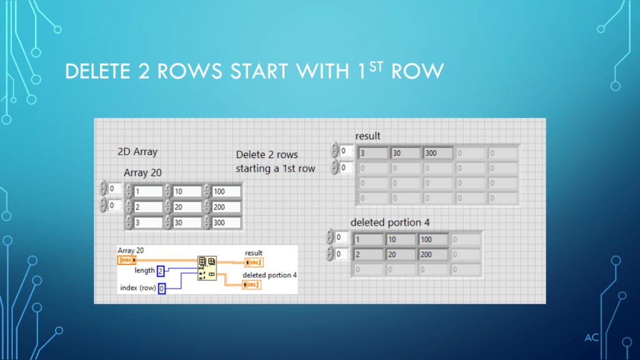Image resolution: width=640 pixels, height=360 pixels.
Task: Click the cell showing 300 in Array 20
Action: (226, 222)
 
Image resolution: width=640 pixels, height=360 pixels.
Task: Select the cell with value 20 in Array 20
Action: (187, 207)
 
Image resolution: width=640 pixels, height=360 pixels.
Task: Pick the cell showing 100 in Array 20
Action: (226, 191)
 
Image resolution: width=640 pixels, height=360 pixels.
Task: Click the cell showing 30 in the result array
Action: (406, 152)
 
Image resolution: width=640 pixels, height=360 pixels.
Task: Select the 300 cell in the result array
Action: (438, 152)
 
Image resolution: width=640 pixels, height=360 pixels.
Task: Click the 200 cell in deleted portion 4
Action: (433, 254)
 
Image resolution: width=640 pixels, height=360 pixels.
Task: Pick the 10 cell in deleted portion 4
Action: (401, 239)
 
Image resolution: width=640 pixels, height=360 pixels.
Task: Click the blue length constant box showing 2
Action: (161, 271)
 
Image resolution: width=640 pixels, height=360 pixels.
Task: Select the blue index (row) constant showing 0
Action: (162, 288)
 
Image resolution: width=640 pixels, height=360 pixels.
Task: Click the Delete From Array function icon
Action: (207, 267)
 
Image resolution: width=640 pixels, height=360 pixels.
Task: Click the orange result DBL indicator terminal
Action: (253, 262)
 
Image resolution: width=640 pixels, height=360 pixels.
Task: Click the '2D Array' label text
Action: (137, 151)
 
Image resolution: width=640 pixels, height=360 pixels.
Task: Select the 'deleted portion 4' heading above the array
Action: (390, 222)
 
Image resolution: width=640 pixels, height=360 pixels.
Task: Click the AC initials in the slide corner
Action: (592, 338)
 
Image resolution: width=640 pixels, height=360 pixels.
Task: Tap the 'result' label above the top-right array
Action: (367, 136)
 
